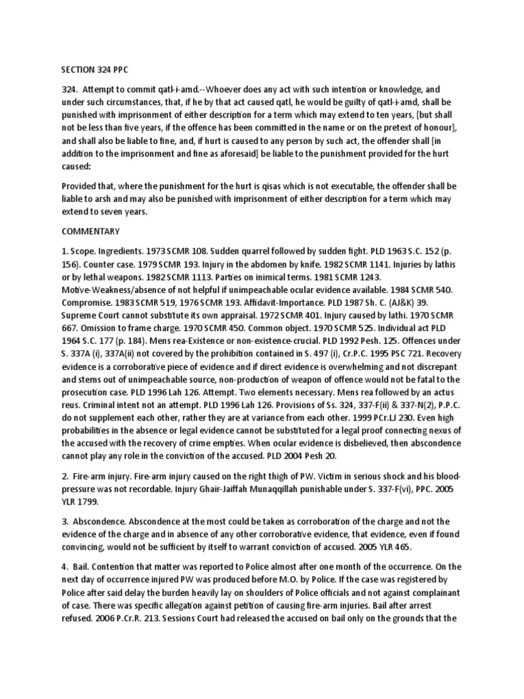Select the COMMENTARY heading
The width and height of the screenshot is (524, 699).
[89, 231]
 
